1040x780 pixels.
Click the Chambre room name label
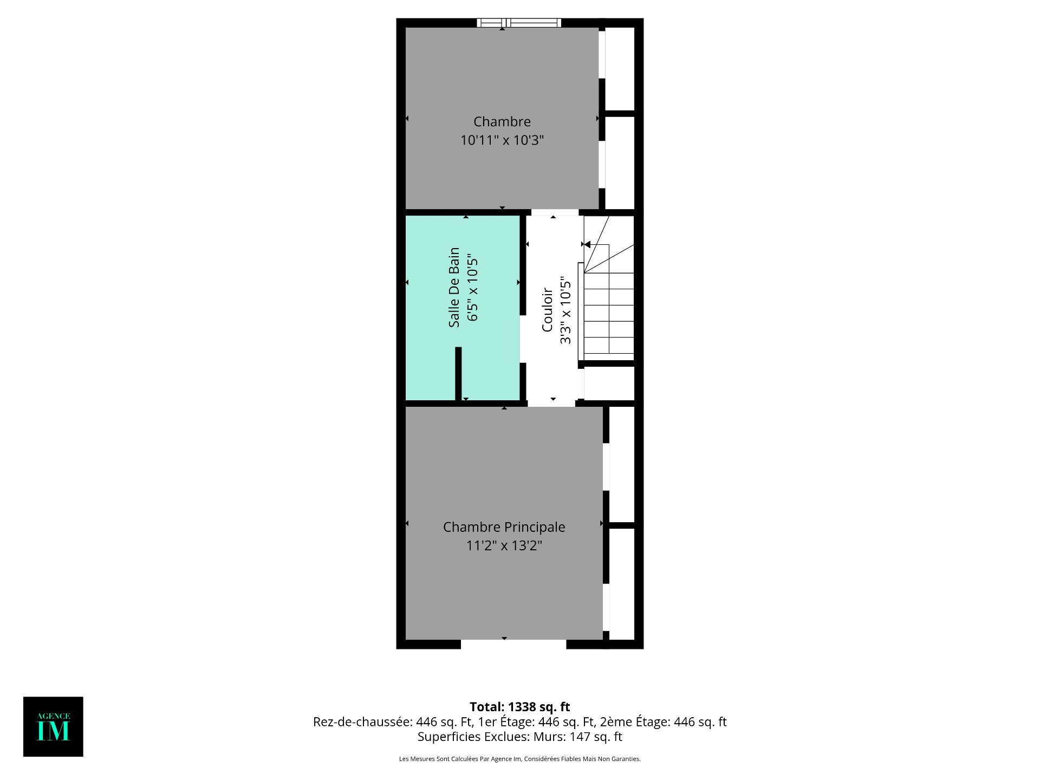tap(502, 122)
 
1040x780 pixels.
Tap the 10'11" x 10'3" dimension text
tap(502, 140)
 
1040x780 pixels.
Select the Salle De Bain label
tap(454, 287)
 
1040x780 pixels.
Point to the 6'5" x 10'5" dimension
tap(472, 287)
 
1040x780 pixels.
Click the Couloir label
tap(547, 310)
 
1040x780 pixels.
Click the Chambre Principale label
tap(504, 527)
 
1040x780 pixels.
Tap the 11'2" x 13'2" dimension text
tap(504, 545)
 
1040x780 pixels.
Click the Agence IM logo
tap(53, 726)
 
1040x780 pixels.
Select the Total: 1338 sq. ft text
tap(520, 707)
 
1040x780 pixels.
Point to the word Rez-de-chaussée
tap(362, 722)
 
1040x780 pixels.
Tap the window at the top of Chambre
tap(519, 23)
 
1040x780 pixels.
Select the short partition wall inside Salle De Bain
tap(458, 374)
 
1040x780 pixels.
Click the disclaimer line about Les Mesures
tap(520, 759)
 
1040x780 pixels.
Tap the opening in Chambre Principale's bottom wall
tap(513, 644)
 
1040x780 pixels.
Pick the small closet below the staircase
tap(609, 383)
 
